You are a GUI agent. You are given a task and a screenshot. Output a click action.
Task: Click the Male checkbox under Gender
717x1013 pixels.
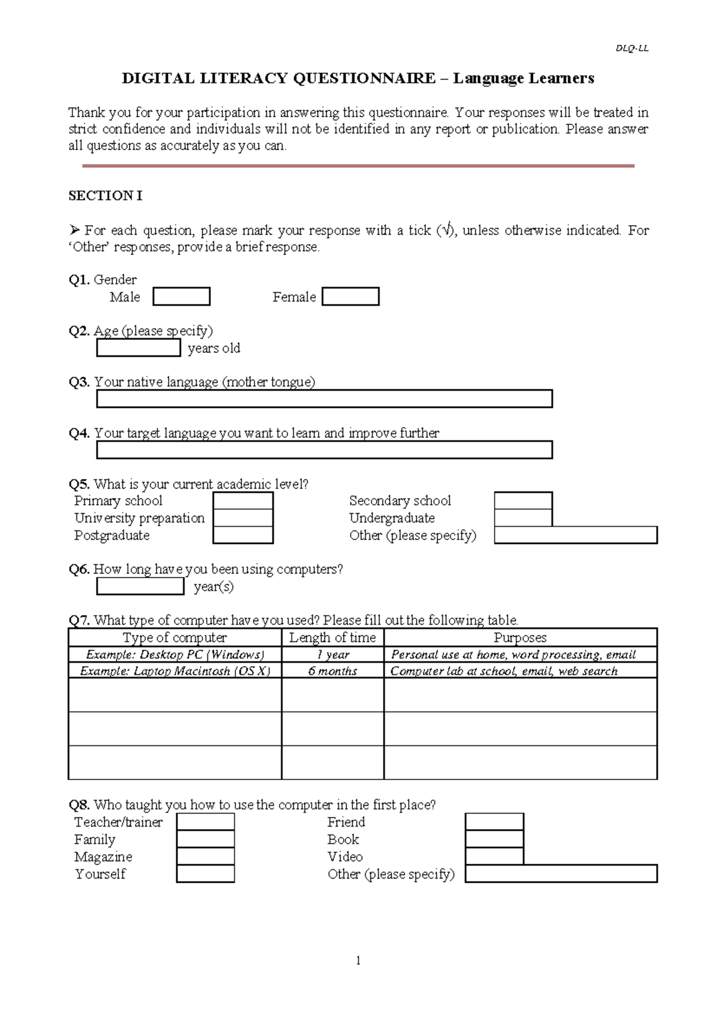coord(181,297)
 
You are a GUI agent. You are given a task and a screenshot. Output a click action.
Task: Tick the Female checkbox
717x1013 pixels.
coord(350,297)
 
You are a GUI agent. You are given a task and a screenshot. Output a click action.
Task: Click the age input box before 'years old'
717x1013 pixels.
coord(139,348)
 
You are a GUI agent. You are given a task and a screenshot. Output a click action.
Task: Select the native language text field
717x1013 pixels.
coord(324,399)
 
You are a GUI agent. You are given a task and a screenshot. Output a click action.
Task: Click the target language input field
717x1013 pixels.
coord(324,450)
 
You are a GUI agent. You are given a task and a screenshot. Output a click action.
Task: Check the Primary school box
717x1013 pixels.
coord(243,501)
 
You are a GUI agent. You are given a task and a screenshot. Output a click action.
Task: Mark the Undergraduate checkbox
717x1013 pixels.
coord(523,518)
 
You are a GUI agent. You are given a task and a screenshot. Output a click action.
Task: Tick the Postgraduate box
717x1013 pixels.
coord(243,535)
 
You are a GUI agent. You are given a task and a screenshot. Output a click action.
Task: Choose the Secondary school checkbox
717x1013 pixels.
coord(523,501)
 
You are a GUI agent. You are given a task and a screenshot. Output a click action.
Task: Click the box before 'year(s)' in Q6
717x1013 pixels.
coord(140,587)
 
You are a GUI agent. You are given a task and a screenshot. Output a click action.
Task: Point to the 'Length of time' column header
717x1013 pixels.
coord(332,637)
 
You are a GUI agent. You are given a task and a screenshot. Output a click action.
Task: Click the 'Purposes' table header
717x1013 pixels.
coord(520,637)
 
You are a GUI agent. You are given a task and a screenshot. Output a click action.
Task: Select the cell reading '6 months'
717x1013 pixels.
coord(332,671)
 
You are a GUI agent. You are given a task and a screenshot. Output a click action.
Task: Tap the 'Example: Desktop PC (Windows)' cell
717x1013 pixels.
coord(175,655)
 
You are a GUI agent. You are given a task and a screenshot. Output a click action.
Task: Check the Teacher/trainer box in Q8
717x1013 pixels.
coord(206,822)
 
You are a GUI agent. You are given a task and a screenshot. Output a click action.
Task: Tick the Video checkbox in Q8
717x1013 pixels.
coord(494,857)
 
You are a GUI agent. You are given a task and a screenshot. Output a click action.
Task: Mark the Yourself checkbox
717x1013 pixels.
coord(206,874)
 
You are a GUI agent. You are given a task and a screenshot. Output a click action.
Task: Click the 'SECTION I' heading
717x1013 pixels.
coord(105,196)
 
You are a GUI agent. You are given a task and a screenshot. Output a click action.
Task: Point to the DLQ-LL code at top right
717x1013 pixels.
coord(632,48)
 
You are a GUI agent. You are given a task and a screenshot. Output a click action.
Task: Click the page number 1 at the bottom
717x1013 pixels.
coord(358,960)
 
